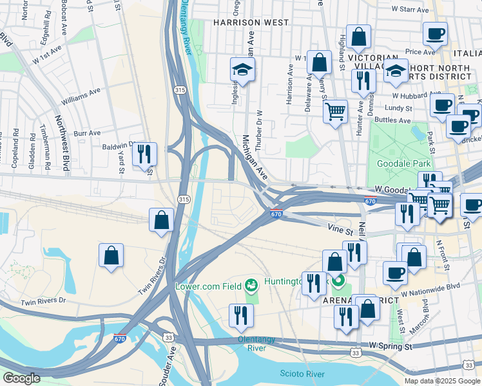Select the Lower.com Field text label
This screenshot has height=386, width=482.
pyautogui.click(x=208, y=285)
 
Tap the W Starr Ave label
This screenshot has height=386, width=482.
pyautogui.click(x=410, y=10)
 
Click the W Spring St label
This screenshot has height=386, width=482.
pyautogui.click(x=390, y=347)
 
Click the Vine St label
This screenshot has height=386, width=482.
pyautogui.click(x=341, y=228)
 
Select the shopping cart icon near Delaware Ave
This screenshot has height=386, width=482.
pyautogui.click(x=335, y=112)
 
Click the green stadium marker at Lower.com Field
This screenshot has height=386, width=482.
pyautogui.click(x=251, y=284)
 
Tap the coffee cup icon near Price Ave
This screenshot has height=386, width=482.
pyautogui.click(x=436, y=33)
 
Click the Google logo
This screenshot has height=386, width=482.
pyautogui.click(x=21, y=378)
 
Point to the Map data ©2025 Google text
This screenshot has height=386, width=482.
pyautogui.click(x=441, y=381)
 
